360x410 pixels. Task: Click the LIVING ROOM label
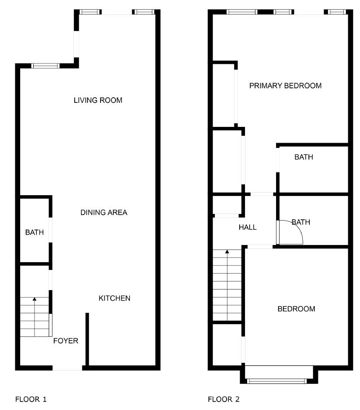point(98,100)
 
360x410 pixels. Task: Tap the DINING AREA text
point(104,212)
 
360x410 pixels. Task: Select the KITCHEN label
point(115,298)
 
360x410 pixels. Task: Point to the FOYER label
point(66,341)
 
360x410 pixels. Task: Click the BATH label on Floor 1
point(35,232)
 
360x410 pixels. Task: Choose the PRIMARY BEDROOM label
point(286,86)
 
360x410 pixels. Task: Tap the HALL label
point(248,227)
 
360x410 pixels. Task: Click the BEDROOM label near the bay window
point(296,309)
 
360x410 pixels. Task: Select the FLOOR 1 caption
point(31,399)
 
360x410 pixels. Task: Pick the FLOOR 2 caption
point(224,399)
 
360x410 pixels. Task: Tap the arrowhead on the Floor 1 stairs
point(35,299)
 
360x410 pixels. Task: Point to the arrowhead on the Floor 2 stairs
point(227,252)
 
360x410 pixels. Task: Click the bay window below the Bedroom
point(277,381)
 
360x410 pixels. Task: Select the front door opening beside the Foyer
point(67,368)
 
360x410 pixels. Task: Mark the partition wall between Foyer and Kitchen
point(87,339)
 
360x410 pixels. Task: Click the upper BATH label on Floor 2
point(304,157)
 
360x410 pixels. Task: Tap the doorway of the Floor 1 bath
point(51,230)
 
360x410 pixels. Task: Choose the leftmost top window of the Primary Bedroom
point(242,12)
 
